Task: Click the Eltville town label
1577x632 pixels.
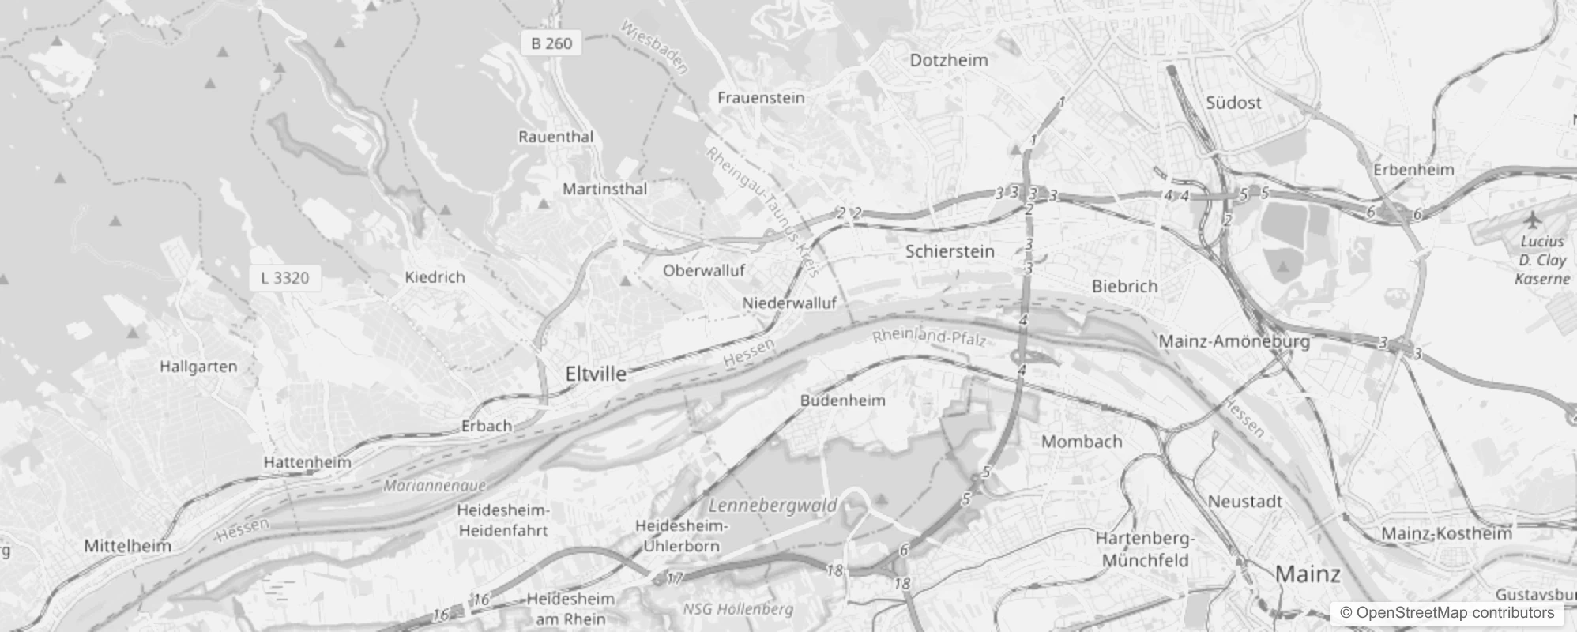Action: point(596,374)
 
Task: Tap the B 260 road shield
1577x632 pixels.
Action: point(551,43)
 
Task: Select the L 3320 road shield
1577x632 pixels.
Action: point(285,278)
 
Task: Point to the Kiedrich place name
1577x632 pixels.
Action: point(435,277)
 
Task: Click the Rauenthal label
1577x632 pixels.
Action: point(555,137)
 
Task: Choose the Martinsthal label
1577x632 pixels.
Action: point(604,189)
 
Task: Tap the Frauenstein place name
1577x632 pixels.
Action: point(761,98)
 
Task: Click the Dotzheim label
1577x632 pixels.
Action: point(949,60)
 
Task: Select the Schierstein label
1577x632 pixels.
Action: point(950,251)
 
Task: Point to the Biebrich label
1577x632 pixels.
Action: point(1124,286)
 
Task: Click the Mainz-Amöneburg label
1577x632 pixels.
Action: point(1234,341)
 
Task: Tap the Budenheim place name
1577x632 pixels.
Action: point(842,401)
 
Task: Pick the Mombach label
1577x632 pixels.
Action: point(1082,442)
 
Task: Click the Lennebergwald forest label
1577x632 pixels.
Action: point(773,506)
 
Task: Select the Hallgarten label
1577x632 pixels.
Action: point(198,367)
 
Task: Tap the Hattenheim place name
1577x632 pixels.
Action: point(307,462)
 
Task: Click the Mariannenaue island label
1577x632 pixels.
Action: point(435,485)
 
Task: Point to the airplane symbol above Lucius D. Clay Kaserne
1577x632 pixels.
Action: point(1534,219)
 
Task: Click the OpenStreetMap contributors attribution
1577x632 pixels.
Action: point(1447,613)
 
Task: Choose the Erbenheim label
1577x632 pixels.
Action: point(1413,170)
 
